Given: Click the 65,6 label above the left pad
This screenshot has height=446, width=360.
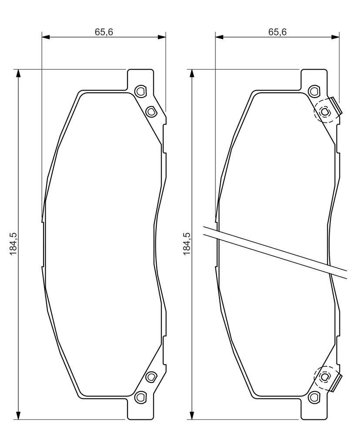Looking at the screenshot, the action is point(104,32).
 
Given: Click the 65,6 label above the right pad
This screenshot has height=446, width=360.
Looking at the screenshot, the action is point(277,32).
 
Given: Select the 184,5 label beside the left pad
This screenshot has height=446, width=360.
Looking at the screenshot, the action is point(13,244).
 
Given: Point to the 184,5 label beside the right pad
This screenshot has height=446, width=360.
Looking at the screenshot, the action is point(187,244).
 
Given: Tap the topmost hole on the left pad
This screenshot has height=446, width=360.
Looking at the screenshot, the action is point(140,91).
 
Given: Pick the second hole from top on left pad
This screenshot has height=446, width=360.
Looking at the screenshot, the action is point(151,111).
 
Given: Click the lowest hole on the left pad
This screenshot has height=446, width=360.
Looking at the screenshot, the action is point(140,397).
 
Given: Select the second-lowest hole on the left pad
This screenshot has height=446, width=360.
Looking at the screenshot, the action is point(151,377).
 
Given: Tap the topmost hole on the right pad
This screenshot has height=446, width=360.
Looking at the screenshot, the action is point(314,91).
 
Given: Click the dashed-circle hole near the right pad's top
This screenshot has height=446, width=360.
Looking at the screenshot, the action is point(324,111).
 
